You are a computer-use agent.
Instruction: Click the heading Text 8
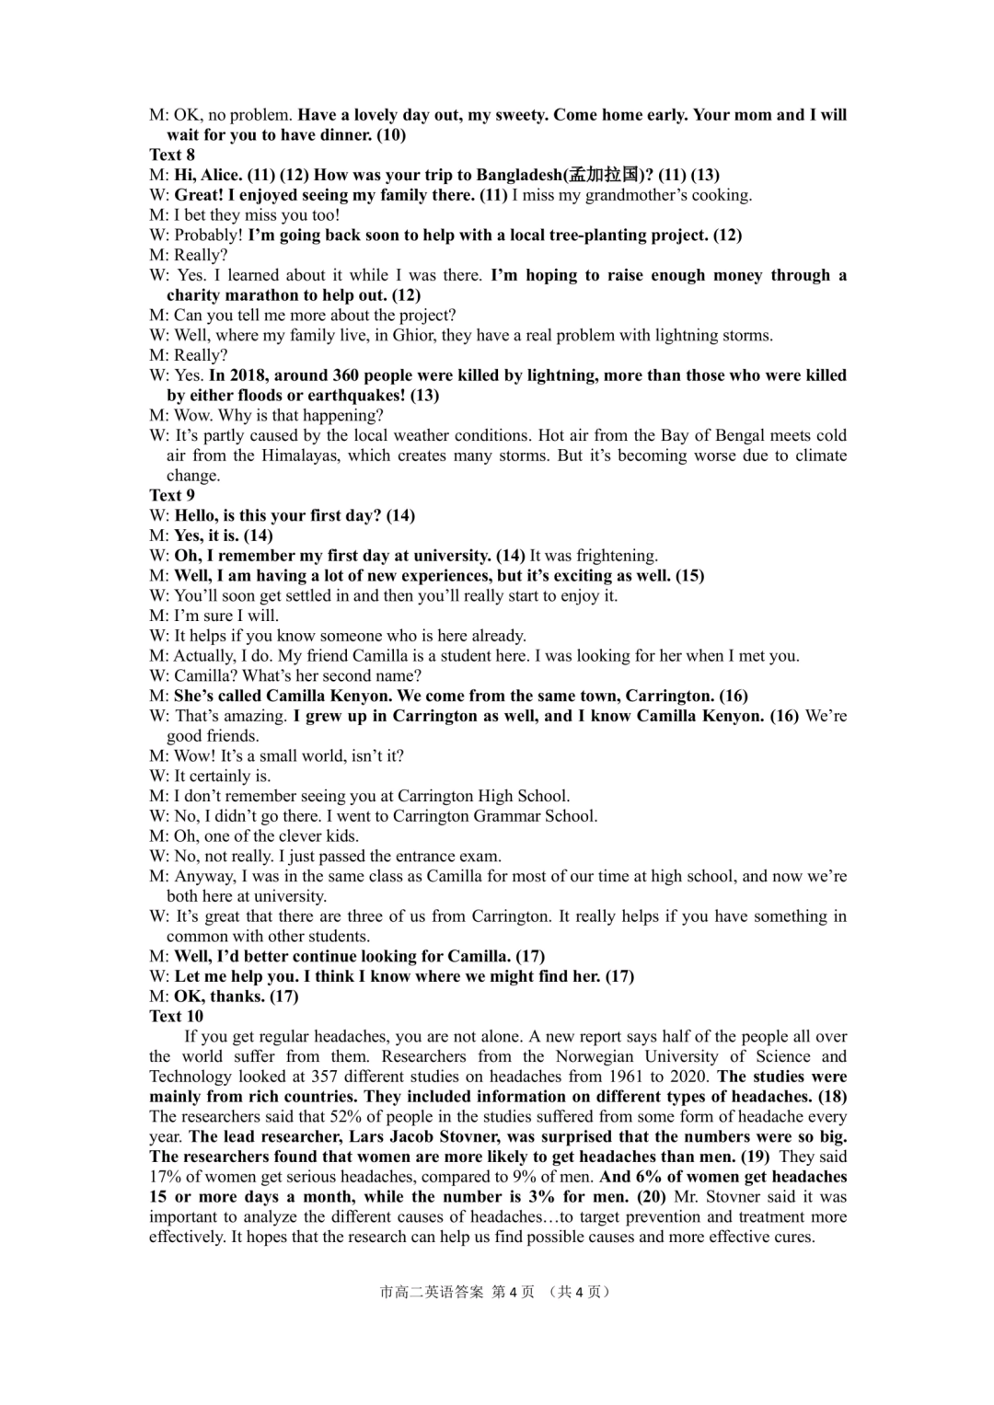[x=172, y=155]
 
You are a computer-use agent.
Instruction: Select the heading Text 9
[x=172, y=495]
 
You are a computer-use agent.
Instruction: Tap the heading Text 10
[x=176, y=1016]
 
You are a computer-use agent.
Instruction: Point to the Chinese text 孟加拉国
[x=604, y=175]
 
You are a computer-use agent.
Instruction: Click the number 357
[x=329, y=1077]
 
